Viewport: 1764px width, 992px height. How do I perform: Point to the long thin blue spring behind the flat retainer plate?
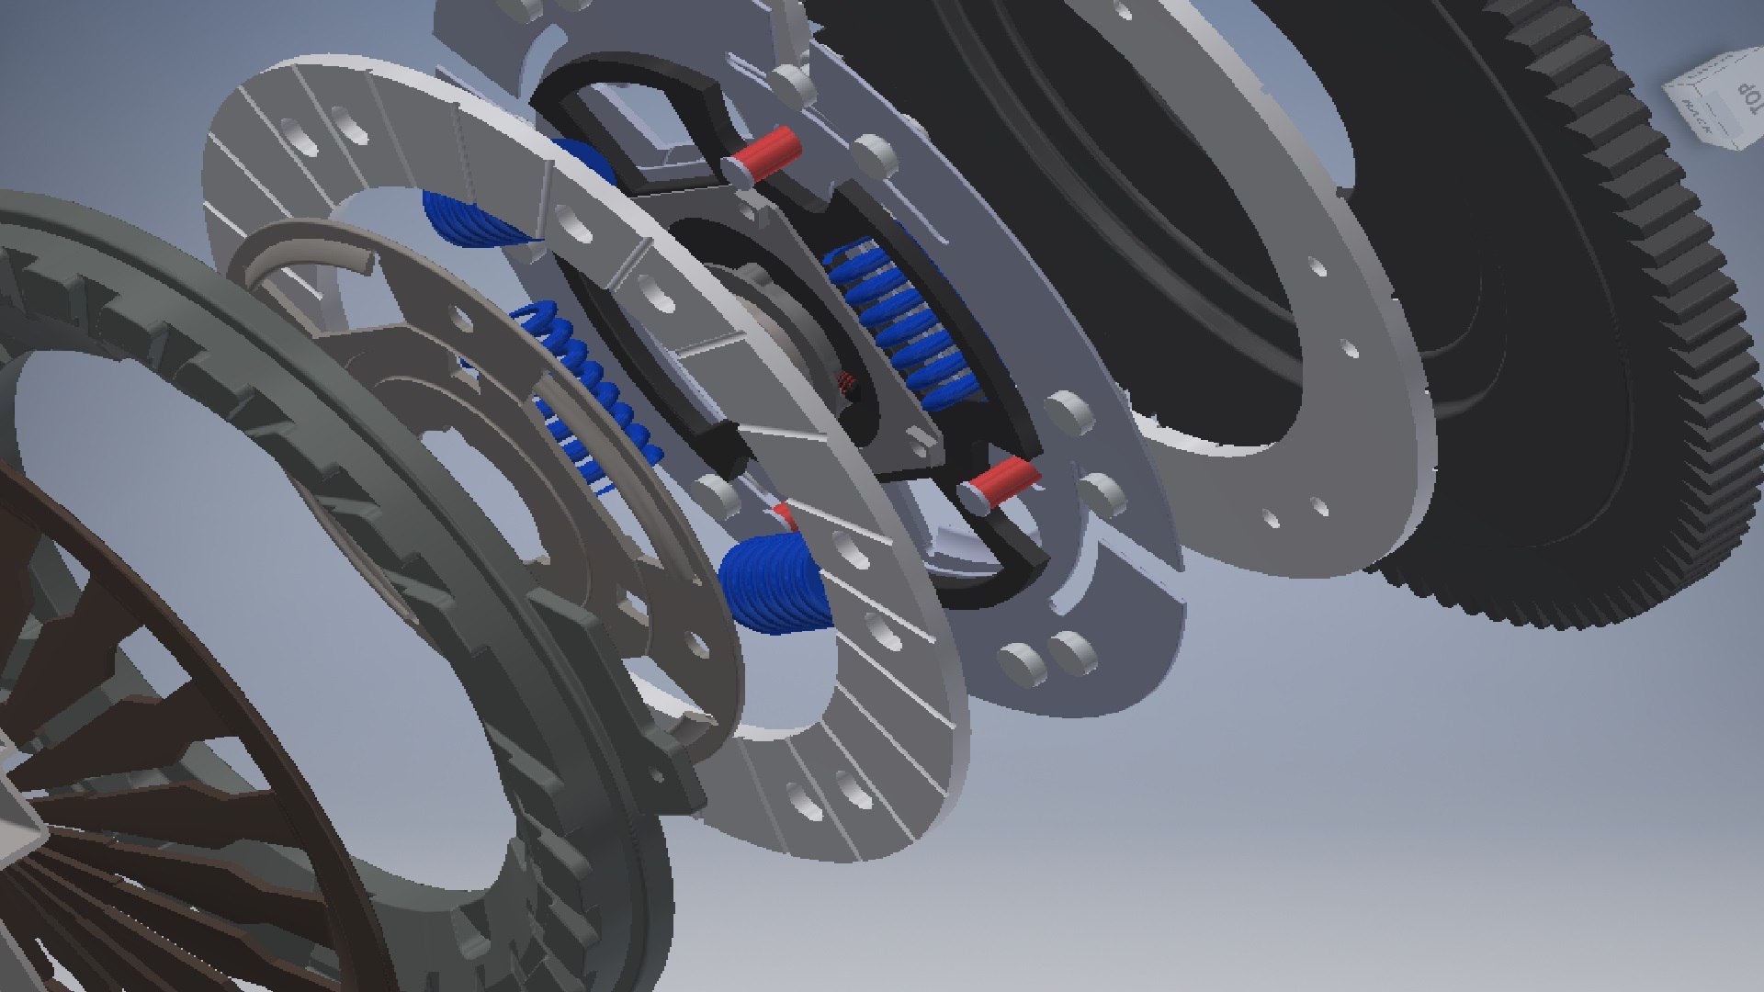click(588, 386)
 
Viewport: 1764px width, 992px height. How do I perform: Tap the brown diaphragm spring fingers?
click(138, 781)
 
